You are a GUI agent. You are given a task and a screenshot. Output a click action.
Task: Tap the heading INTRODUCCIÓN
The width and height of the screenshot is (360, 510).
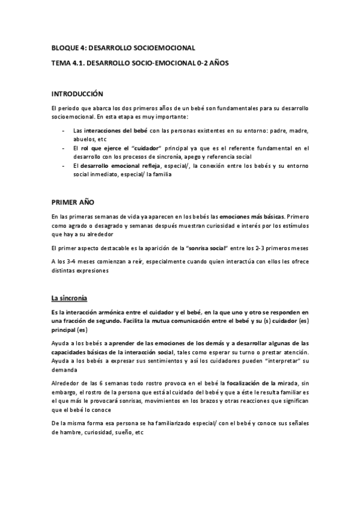coord(77,94)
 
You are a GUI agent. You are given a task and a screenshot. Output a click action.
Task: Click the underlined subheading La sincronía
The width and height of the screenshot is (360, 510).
coord(70,297)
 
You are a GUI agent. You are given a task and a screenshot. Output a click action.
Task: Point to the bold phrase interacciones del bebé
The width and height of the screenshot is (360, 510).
coord(115,130)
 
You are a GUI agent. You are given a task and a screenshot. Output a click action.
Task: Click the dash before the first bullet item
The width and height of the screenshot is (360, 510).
coord(64,130)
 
